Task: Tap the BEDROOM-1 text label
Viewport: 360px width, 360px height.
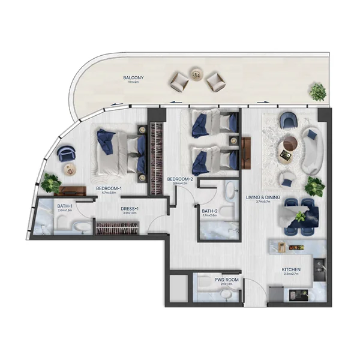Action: (109, 188)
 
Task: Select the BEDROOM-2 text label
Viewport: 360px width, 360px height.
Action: (179, 179)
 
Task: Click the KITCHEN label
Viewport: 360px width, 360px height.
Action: (291, 269)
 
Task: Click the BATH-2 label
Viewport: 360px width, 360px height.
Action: (209, 211)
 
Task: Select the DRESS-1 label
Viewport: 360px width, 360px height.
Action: (131, 208)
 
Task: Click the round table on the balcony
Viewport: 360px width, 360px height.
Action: (196, 74)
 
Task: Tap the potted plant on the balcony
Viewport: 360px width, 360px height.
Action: (317, 92)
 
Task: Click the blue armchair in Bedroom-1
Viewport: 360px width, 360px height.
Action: (65, 154)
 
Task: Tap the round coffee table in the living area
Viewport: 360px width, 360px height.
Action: (290, 144)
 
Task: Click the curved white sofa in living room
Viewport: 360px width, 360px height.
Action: (312, 149)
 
